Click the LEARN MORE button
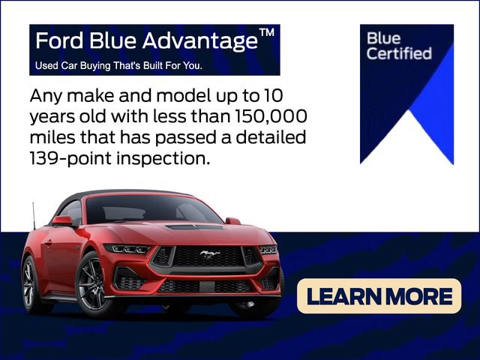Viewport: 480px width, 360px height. tap(379, 295)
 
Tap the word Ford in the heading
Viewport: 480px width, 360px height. tap(59, 40)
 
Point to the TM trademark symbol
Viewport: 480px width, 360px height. tap(266, 32)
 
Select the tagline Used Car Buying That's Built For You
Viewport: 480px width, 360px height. tap(118, 65)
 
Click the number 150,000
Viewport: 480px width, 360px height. tap(271, 117)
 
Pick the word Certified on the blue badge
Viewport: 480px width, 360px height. tap(399, 53)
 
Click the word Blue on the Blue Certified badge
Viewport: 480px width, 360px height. tap(383, 38)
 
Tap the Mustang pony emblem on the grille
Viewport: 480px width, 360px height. tap(210, 253)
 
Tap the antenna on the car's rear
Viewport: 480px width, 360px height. tap(34, 216)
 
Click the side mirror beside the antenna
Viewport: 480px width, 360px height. tap(63, 221)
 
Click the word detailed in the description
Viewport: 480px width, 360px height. tap(271, 137)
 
